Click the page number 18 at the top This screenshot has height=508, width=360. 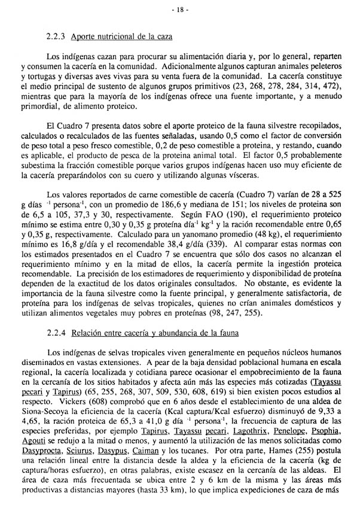tap(180, 10)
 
